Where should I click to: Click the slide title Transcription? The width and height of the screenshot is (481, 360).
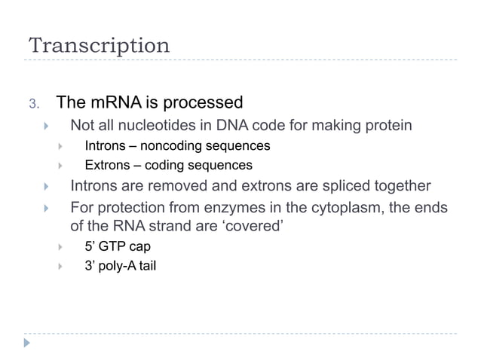tap(100, 44)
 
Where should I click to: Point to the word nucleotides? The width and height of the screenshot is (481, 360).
tap(152, 124)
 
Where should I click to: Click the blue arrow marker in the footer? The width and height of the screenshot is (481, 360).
tap(29, 343)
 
